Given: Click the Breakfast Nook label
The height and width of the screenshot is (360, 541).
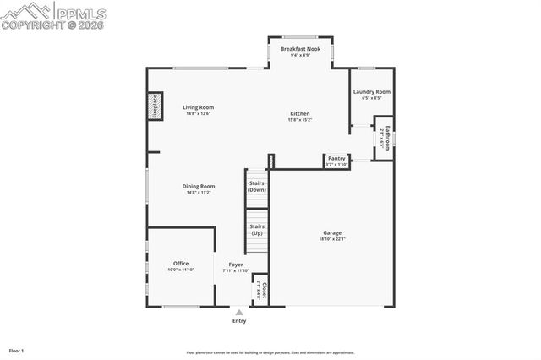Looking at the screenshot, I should click(300, 50).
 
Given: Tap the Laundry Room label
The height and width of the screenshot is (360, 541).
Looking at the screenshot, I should click(371, 91).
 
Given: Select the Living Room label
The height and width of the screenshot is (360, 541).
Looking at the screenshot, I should click(199, 107).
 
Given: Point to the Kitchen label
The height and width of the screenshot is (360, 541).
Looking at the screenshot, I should click(300, 113).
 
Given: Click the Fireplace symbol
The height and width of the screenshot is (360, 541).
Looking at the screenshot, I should click(155, 106).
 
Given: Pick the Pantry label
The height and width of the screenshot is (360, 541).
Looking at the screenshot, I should click(336, 157).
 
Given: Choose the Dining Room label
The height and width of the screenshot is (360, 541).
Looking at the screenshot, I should click(199, 186).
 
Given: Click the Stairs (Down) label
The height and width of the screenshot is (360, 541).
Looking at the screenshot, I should click(256, 187).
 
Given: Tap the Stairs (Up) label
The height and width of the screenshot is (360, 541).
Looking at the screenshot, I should click(256, 229).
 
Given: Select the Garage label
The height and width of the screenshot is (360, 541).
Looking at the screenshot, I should click(332, 232).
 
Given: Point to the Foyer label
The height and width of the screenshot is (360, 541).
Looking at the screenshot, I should click(236, 265).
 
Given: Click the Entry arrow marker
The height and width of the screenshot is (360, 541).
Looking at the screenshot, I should click(239, 312).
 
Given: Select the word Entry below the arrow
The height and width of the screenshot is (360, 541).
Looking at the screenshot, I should click(239, 321).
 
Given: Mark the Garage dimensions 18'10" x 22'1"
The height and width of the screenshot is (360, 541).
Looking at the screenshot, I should click(332, 239).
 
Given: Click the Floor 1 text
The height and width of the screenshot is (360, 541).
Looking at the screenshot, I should click(17, 350).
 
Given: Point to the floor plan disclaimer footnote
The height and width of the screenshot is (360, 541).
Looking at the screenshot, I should click(270, 352).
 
